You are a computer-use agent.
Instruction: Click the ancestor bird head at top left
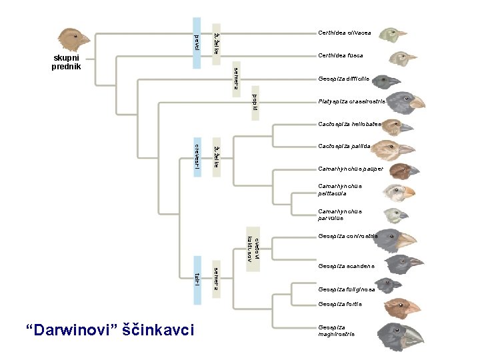[74, 39]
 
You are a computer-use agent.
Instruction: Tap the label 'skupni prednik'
[67, 62]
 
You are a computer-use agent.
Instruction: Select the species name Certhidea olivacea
[345, 32]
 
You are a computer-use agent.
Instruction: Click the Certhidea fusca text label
[341, 55]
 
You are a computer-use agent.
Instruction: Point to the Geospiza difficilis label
[344, 79]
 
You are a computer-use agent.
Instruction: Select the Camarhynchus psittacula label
[341, 190]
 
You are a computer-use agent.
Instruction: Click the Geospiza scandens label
[346, 266]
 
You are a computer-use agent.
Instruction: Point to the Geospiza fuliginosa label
[347, 289]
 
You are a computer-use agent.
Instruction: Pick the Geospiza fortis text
[340, 304]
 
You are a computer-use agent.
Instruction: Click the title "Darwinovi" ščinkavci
[109, 330]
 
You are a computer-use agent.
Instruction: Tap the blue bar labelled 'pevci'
[196, 42]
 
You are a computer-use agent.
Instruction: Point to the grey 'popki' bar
[255, 103]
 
